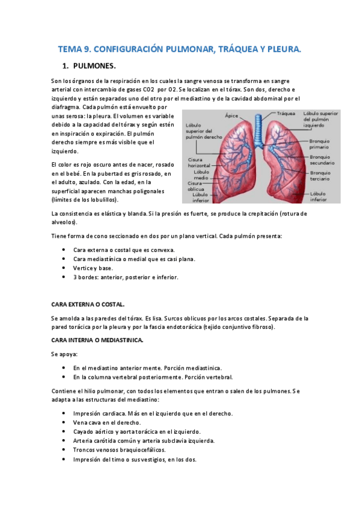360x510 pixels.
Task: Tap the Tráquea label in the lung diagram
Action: (287, 112)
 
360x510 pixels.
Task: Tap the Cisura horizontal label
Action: (200, 162)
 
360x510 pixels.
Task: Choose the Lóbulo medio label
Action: (201, 174)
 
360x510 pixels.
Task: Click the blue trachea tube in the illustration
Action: (260, 129)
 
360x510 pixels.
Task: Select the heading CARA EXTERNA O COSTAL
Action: (88, 305)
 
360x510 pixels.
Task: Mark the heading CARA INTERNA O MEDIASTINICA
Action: (97, 340)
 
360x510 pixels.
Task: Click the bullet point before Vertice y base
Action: (65, 268)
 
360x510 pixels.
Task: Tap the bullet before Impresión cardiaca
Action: (65, 413)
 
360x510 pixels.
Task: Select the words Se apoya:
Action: (65, 354)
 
